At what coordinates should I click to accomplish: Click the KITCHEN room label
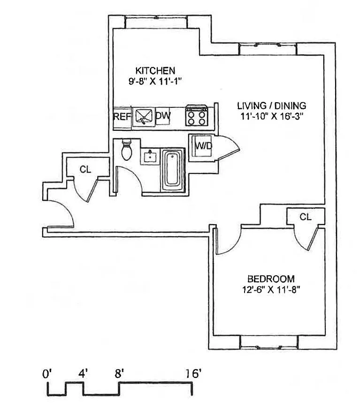[x=155, y=70]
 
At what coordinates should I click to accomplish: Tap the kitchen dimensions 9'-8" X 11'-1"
[x=155, y=81]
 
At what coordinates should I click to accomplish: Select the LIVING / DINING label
[x=272, y=106]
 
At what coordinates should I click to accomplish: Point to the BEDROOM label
[x=271, y=279]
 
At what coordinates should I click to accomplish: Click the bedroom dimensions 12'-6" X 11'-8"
[x=271, y=290]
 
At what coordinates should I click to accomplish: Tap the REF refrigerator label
[x=122, y=117]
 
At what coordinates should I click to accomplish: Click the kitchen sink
[x=144, y=117]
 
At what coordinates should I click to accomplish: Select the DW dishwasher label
[x=163, y=115]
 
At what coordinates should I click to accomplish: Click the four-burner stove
[x=197, y=115]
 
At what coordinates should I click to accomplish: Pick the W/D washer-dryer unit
[x=202, y=146]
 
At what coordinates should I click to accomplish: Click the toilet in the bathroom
[x=127, y=150]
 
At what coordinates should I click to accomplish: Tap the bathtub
[x=172, y=170]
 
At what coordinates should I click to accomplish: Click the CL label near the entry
[x=85, y=170]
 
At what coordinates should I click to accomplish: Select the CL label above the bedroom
[x=305, y=217]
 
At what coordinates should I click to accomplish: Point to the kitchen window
[x=156, y=22]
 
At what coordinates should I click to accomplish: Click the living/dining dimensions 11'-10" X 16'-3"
[x=272, y=116]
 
